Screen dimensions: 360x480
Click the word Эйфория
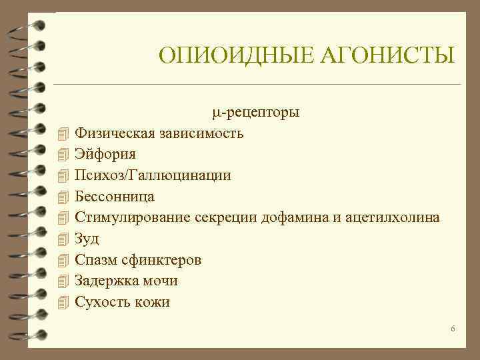click(105, 154)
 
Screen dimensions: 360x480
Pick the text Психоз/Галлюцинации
click(153, 175)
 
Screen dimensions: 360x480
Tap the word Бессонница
click(114, 197)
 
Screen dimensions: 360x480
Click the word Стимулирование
click(133, 217)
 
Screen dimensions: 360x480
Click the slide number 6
click(453, 329)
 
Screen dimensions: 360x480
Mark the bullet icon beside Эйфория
click(63, 154)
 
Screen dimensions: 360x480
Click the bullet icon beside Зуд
click(63, 239)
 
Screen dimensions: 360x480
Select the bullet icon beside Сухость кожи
click(63, 302)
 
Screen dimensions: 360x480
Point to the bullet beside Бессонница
click(63, 197)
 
